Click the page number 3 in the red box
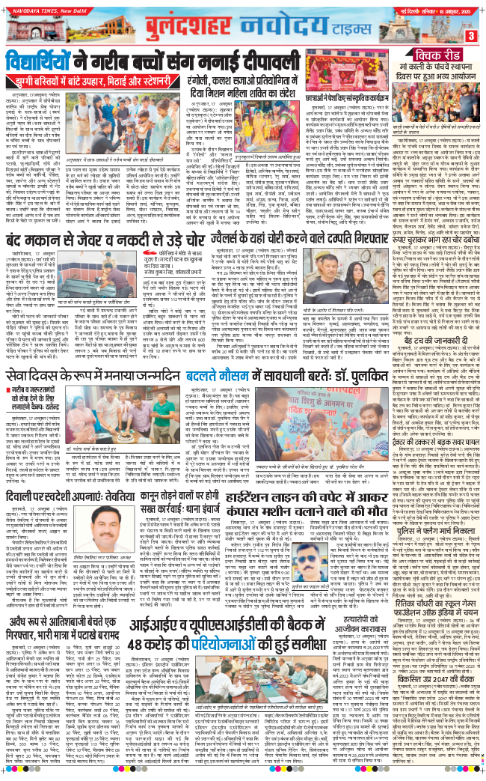click(x=471, y=35)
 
